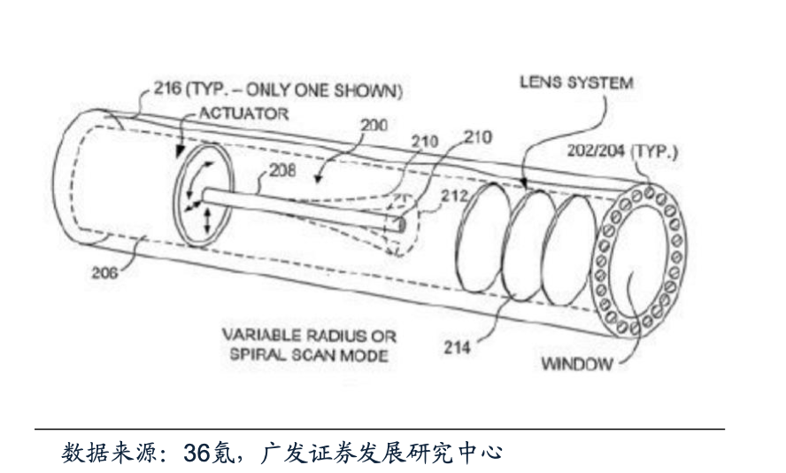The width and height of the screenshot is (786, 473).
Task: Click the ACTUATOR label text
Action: [x=243, y=113]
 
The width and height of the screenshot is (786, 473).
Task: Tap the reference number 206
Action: [x=104, y=273]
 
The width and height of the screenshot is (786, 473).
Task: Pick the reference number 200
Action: [x=374, y=125]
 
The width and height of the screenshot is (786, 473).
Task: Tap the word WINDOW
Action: [x=575, y=364]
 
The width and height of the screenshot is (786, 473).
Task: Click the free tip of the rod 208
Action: [x=403, y=225]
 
